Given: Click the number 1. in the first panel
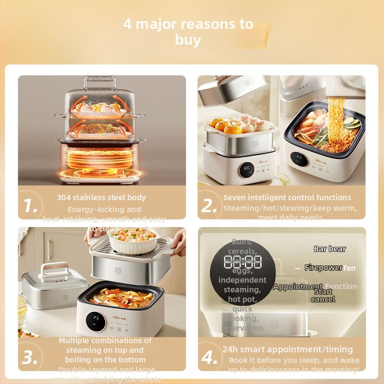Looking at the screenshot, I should (x=31, y=206).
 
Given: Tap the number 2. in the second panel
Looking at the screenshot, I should (x=209, y=206).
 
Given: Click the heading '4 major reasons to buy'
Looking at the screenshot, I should (x=188, y=32).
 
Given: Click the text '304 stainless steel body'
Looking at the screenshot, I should (x=102, y=197).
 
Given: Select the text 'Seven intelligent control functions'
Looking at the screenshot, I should (x=287, y=197).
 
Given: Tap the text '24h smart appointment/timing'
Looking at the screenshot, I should (x=288, y=349).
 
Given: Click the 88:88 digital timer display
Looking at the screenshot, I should (x=243, y=262).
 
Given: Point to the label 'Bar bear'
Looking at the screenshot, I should (x=330, y=249).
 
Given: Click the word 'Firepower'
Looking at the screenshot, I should (x=324, y=268).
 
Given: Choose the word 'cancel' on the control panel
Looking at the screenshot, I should (x=323, y=299).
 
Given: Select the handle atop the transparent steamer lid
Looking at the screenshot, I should (x=100, y=82).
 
